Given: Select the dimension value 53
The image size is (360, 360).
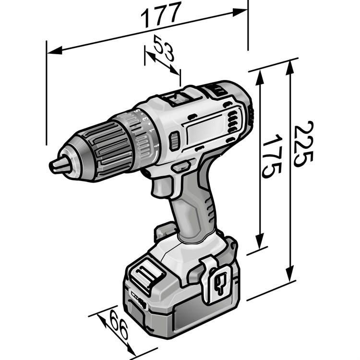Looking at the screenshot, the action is point(164,48).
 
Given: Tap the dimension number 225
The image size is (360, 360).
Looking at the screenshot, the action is point(303,144).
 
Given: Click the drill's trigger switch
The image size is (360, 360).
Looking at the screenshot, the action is point(161,187).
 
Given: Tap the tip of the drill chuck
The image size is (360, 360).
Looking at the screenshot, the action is point(51,165).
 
